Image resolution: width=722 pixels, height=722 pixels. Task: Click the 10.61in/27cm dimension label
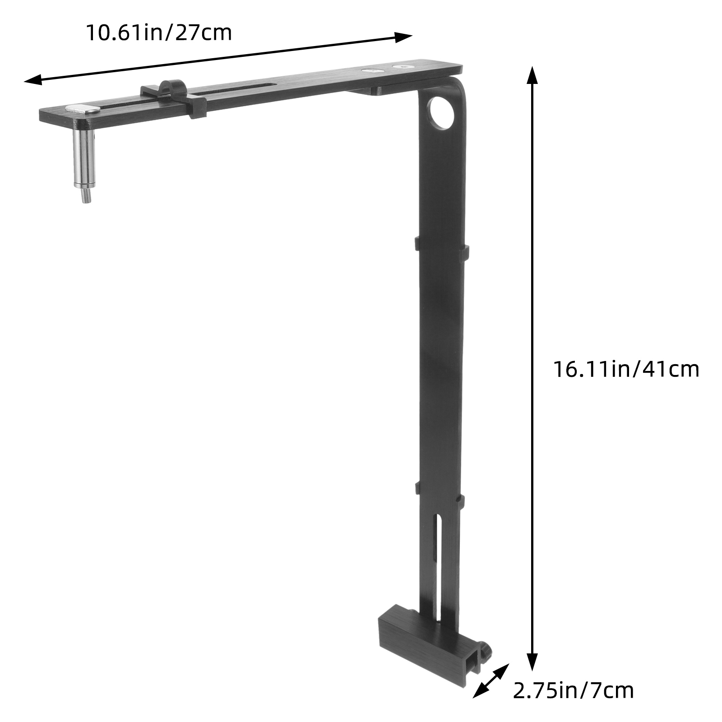click(x=159, y=32)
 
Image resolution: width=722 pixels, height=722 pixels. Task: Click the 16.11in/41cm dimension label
click(x=626, y=369)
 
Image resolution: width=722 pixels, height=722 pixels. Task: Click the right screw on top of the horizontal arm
click(x=403, y=67)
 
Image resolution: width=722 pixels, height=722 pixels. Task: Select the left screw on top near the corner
click(x=373, y=71)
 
